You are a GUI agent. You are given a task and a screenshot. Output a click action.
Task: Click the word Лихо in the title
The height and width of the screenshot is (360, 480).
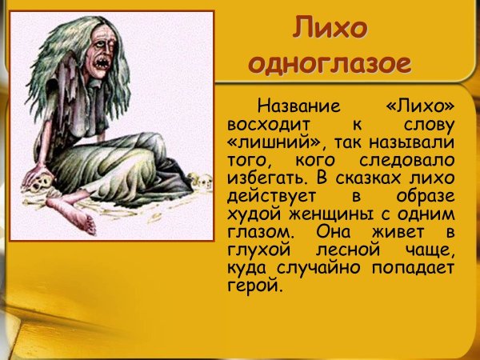click(330, 29)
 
